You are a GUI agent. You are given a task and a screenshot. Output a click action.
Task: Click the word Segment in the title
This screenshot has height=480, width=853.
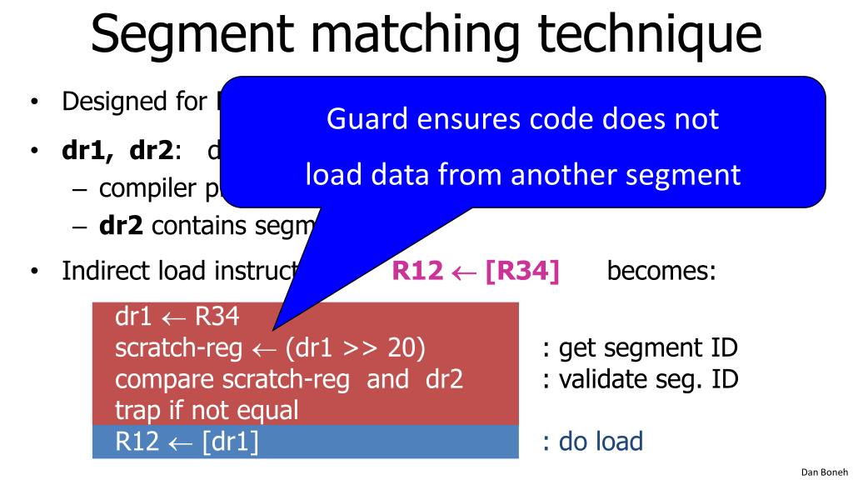(x=193, y=35)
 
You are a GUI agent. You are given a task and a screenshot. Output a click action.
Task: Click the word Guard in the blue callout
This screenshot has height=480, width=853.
(x=362, y=119)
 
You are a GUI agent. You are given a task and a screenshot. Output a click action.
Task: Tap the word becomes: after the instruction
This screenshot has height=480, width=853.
(x=661, y=272)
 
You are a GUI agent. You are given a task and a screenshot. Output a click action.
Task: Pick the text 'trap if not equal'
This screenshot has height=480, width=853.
(x=207, y=410)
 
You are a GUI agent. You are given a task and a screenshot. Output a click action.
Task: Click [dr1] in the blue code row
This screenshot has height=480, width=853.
(x=230, y=441)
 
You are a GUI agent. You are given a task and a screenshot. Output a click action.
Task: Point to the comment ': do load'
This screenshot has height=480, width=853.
(x=592, y=441)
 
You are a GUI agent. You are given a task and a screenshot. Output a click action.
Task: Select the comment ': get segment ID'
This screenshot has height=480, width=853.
(x=640, y=348)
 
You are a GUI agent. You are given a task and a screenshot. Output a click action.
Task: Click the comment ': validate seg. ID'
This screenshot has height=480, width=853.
(x=640, y=379)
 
